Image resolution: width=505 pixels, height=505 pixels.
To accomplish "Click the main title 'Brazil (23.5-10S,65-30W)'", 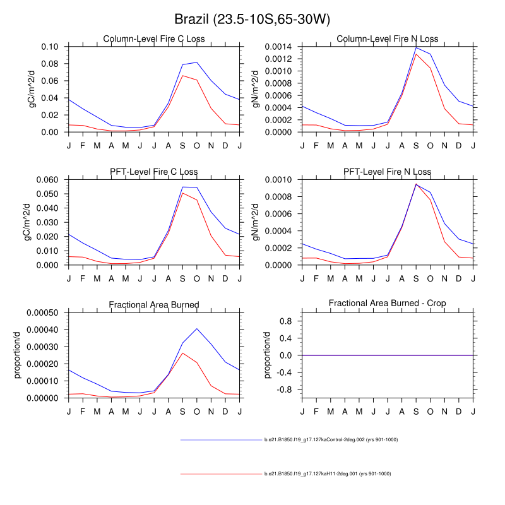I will point(252,20).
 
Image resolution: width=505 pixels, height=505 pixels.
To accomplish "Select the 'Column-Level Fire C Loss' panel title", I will point(154,39).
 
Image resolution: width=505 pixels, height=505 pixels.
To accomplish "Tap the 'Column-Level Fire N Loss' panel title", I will point(388,39).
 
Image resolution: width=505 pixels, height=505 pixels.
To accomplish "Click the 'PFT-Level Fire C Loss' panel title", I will point(154,172).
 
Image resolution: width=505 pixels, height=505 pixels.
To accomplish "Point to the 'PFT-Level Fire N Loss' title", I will point(388,172).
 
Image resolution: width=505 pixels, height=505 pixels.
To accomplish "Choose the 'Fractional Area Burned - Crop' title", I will point(388,304).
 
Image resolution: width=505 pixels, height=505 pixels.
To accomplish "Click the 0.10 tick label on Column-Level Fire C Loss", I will point(50,47).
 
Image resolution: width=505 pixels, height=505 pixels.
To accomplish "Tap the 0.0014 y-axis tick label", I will point(279,47).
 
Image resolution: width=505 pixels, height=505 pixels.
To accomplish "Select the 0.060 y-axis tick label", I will point(48,180).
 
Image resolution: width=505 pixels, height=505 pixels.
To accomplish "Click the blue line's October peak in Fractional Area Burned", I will point(197,328).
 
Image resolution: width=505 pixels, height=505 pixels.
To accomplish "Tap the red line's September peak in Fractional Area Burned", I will point(182,353).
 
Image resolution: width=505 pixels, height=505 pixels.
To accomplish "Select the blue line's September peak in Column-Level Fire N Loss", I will point(416,47).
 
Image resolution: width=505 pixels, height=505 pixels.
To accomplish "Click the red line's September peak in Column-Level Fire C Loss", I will point(182,75).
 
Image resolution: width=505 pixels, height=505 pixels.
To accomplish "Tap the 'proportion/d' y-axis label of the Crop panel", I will point(268,356).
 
